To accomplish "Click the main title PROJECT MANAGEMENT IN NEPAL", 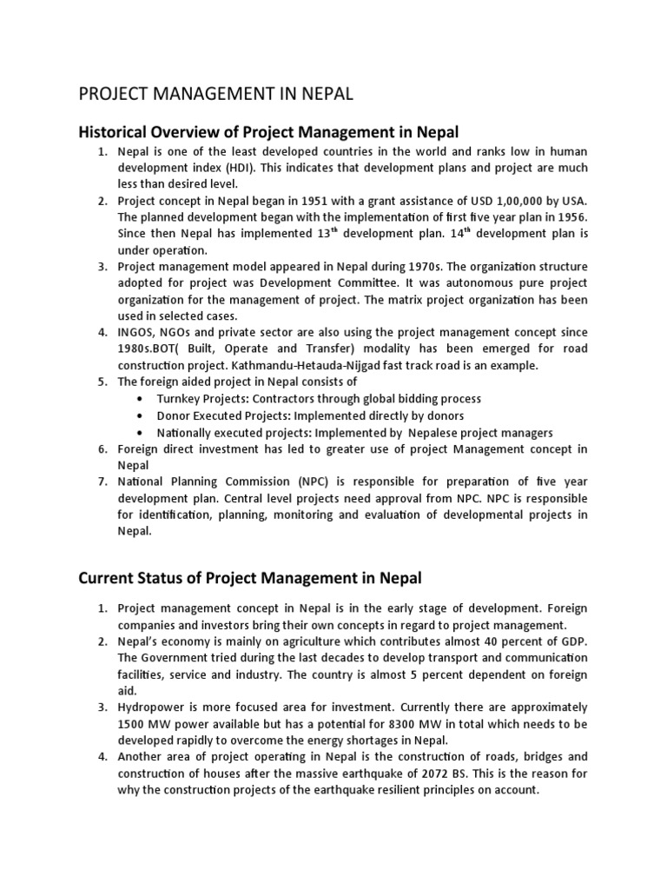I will pyautogui.click(x=216, y=94).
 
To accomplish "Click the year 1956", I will pyautogui.click(x=571, y=217).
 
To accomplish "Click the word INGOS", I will pyautogui.click(x=138, y=332).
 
